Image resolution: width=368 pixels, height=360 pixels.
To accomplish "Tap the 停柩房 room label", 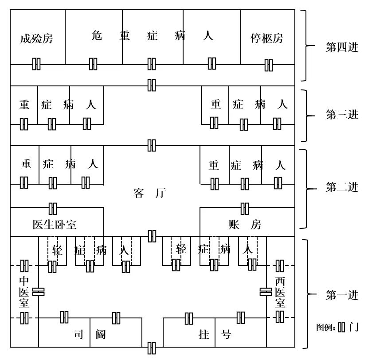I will pos(266,38).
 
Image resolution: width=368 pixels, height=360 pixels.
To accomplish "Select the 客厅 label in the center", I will pos(149,194).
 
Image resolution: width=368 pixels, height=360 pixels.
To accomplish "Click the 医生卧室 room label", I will pos(55,225).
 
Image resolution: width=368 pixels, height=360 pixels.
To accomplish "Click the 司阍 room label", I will pos(90,334).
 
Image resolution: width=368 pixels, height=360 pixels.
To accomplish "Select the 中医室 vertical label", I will pos(24,292).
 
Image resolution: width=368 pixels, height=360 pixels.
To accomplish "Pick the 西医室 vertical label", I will pos(280,292).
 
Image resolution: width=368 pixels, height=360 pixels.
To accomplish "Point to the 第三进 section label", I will pos(342,115).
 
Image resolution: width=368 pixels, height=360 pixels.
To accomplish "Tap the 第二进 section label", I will pos(342,187).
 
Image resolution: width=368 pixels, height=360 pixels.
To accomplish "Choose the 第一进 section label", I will pos(342,295).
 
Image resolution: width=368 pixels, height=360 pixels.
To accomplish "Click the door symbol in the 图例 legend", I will pos(341,328).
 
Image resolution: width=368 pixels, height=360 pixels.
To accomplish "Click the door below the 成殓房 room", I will pos(36,64).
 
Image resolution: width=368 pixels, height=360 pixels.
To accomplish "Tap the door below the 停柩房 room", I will pos(269,65).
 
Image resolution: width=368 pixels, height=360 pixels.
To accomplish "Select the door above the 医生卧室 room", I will pos(53,208).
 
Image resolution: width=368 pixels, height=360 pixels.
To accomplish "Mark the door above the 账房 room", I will pos(244,208).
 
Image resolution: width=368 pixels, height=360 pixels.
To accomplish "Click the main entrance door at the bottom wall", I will pos(152,348).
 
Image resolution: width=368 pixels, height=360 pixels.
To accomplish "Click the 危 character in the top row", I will pos(96,35).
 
